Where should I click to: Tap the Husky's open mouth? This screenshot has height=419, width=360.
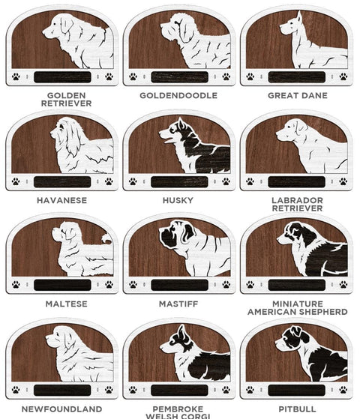[169, 140]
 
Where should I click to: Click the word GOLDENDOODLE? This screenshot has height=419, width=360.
[178, 95]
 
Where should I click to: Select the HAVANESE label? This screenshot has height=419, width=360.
[61, 200]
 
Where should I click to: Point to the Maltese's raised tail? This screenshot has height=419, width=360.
[107, 238]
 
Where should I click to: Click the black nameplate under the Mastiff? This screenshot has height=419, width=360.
[179, 285]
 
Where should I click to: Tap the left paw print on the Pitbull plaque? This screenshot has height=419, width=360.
[250, 389]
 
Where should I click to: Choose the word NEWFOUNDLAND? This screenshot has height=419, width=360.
[61, 409]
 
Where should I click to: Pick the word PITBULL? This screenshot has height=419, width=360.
[297, 409]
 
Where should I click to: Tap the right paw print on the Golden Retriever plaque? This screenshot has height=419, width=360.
[109, 76]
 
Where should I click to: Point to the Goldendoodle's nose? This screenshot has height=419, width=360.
[162, 25]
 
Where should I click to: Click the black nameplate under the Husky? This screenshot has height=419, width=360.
[179, 181]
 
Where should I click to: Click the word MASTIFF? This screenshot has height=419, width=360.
[178, 304]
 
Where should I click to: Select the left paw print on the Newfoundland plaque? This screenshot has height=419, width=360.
[16, 390]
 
